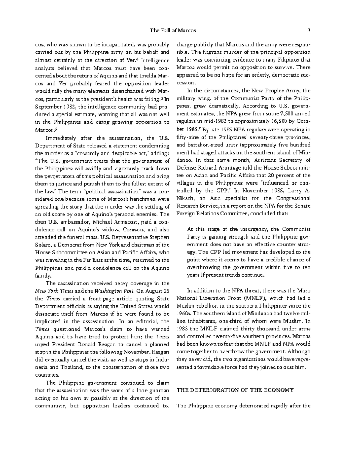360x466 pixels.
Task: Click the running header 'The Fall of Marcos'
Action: tap(173, 30)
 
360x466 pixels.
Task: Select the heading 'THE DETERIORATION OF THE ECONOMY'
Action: tap(235, 390)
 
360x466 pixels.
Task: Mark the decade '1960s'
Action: tap(184, 314)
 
